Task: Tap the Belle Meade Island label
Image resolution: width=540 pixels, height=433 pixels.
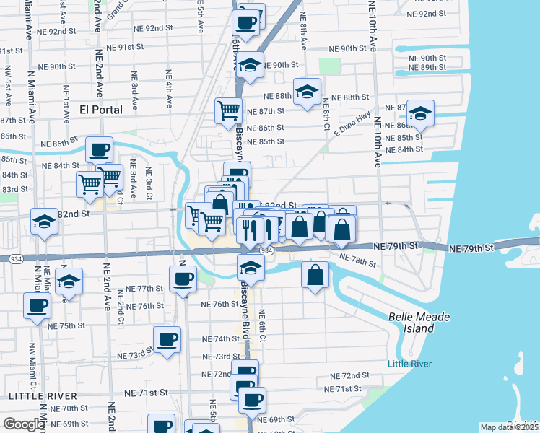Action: pos(411,323)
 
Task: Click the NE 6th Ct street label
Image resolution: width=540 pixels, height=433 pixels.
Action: pos(262,325)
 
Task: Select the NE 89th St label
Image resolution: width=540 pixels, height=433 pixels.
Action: pos(437,67)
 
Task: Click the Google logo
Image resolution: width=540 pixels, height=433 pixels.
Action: pos(23,424)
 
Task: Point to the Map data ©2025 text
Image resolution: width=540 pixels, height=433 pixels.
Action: pos(509,427)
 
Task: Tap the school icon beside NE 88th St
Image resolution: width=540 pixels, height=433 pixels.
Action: pos(307,92)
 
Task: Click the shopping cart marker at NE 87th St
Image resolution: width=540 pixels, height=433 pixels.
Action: pos(228,111)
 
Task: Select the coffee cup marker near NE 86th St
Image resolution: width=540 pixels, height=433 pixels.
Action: pos(100,149)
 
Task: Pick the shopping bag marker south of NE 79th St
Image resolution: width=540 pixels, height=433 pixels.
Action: pos(315,276)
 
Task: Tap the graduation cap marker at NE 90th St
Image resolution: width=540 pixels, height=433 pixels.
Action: pos(250,65)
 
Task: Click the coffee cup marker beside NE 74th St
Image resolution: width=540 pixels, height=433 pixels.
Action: pos(167,339)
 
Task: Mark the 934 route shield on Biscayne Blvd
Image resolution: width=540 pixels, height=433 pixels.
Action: pos(266,250)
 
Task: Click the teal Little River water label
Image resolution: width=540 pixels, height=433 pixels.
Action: pos(410,364)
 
